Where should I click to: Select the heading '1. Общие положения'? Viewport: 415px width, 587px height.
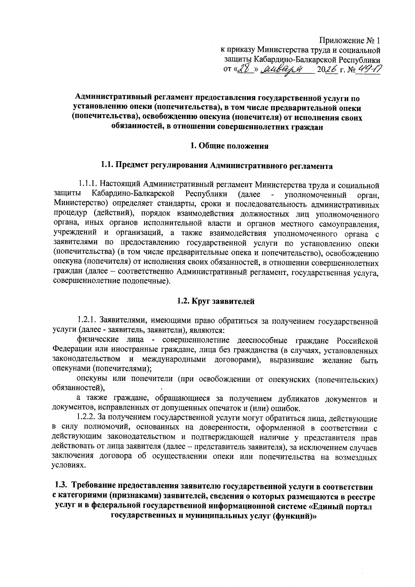pos(230,146)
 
